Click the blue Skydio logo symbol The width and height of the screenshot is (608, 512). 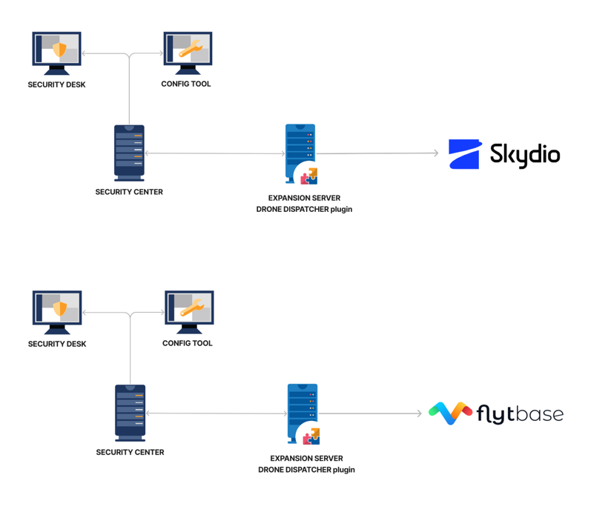click(x=465, y=154)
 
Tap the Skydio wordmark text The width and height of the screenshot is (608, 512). click(x=524, y=155)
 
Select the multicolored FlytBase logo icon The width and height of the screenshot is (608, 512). click(x=450, y=413)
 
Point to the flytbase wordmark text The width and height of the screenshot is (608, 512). click(x=520, y=414)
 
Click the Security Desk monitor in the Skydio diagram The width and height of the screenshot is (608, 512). click(x=57, y=52)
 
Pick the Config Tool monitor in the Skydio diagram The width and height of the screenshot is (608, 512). click(x=188, y=51)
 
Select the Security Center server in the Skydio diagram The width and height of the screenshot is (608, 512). click(x=129, y=152)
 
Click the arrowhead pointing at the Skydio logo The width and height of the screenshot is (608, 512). click(x=436, y=153)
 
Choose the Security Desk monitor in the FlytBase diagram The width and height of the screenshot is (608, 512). click(x=57, y=311)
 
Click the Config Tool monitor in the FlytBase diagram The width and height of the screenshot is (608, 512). click(x=189, y=310)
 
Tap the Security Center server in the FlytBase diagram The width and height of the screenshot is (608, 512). click(x=130, y=412)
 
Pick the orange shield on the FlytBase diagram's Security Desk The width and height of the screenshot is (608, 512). click(x=60, y=308)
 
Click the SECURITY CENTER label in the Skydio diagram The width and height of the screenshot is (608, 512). click(x=129, y=192)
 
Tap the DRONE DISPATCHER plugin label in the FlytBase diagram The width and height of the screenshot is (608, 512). click(x=306, y=469)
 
